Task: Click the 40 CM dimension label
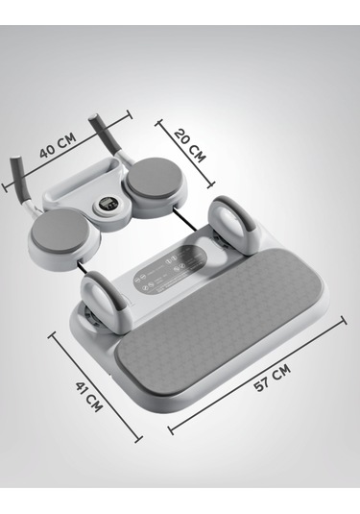(58, 145)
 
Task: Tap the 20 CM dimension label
(190, 146)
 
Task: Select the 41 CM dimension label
(89, 397)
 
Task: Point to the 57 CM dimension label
(273, 378)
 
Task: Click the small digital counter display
(108, 205)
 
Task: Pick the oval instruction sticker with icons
(170, 269)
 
